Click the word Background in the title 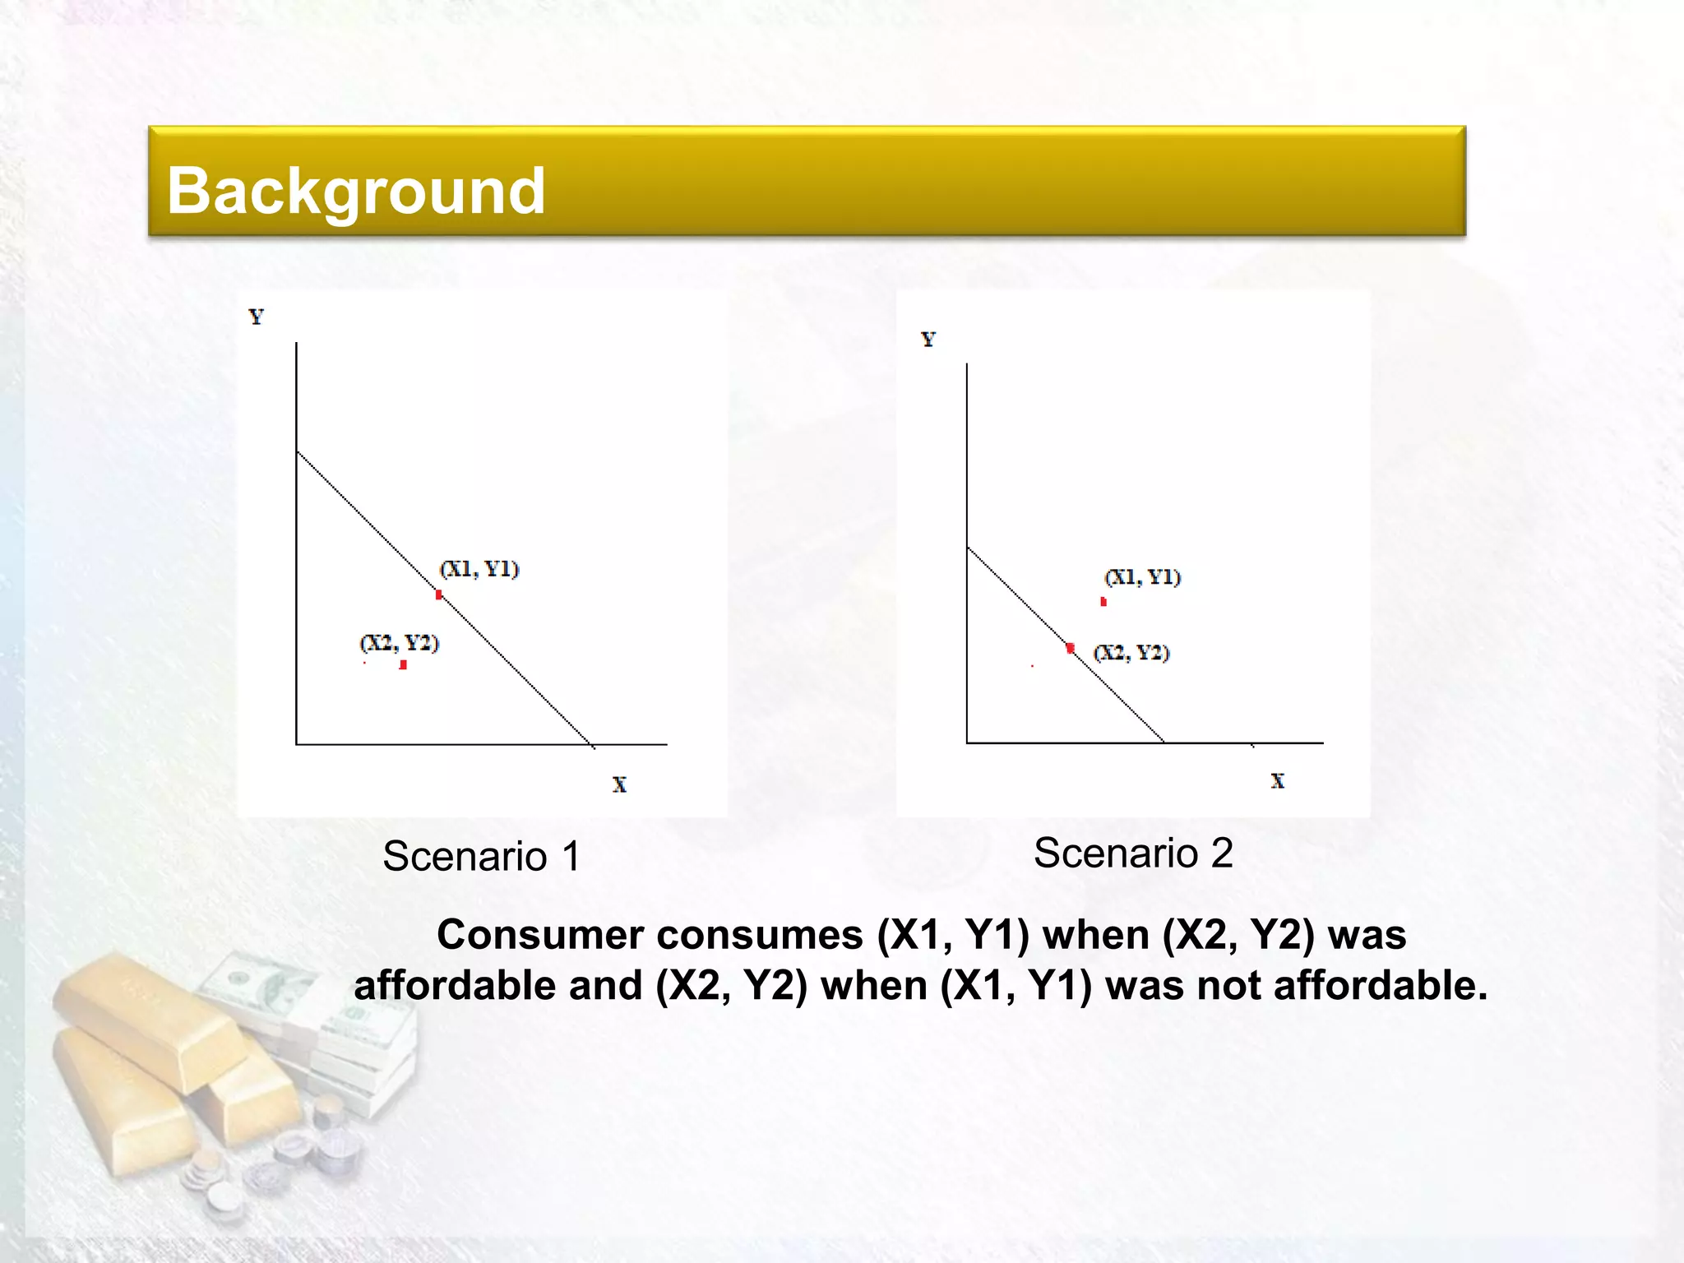click(x=356, y=191)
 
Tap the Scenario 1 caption click(x=481, y=856)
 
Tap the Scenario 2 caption click(x=1133, y=853)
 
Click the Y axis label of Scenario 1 click(x=257, y=317)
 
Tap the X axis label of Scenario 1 click(x=619, y=785)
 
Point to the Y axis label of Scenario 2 click(x=928, y=340)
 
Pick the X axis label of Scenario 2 click(x=1277, y=781)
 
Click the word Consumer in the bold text click(x=540, y=935)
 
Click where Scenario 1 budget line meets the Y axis click(x=297, y=451)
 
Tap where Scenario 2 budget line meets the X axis click(x=1164, y=743)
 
